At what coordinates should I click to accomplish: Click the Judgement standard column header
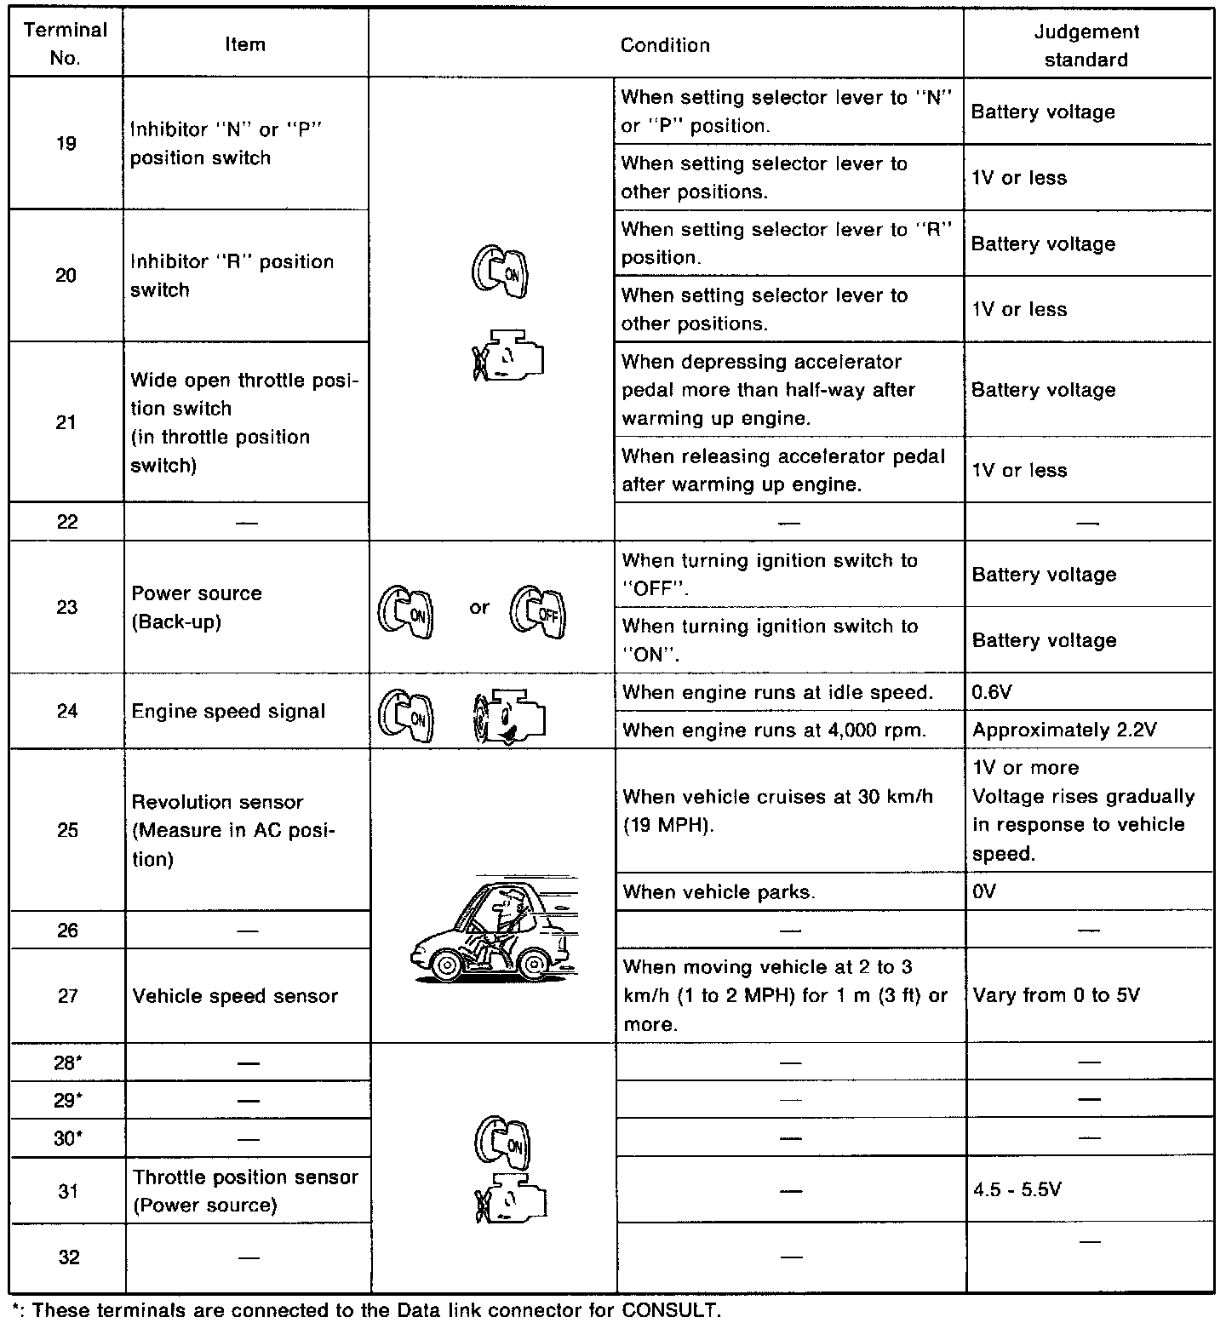click(x=1086, y=45)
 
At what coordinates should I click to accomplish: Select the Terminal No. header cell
click(x=66, y=44)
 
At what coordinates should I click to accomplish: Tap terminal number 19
click(x=66, y=143)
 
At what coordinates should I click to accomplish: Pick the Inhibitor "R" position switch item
click(x=232, y=275)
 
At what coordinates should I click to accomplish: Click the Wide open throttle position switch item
click(x=244, y=422)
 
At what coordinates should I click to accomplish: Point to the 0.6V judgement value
click(x=992, y=692)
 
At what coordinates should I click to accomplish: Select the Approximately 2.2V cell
click(x=1064, y=730)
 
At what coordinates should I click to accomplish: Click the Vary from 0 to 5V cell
click(x=1056, y=995)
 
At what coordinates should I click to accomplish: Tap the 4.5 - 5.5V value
click(x=1017, y=1189)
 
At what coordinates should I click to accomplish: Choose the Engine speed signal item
click(x=228, y=711)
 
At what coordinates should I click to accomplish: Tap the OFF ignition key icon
click(x=538, y=612)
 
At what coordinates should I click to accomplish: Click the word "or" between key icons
click(x=479, y=607)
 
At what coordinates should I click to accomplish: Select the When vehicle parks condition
click(x=719, y=891)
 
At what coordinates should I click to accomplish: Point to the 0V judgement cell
click(x=983, y=891)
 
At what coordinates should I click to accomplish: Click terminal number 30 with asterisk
click(x=67, y=1138)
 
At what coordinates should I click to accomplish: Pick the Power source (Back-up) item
click(x=197, y=607)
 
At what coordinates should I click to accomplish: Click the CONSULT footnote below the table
click(x=366, y=1309)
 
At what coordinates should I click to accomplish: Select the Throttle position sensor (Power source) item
click(x=245, y=1190)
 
